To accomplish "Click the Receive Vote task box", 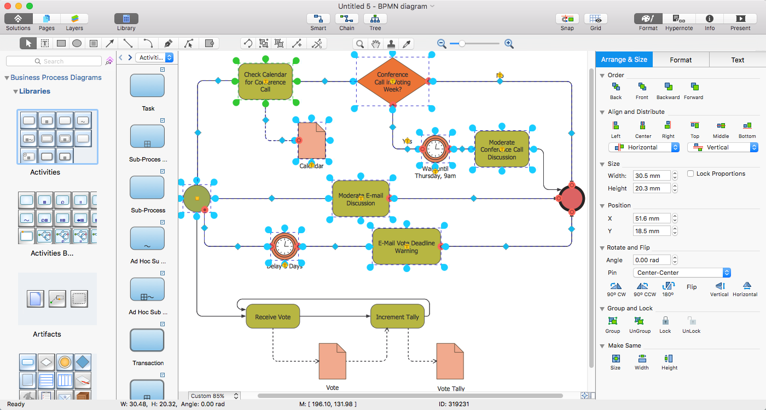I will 272,316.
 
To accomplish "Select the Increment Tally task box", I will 397,316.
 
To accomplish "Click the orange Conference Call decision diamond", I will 392,82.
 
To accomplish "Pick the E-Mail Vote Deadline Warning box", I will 406,247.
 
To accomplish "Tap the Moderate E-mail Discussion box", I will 361,199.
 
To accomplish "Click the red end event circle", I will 572,198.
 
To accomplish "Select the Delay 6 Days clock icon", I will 285,246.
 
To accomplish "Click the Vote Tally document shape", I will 450,361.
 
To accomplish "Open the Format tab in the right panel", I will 681,60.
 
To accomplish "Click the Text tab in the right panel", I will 738,60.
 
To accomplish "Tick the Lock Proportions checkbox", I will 691,174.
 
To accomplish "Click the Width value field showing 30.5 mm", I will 651,176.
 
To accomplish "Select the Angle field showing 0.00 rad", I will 651,260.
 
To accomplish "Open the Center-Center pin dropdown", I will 681,273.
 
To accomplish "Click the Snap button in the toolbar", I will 567,22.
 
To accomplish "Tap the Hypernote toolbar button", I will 679,22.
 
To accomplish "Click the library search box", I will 54,61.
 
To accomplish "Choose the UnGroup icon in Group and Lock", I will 639,324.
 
